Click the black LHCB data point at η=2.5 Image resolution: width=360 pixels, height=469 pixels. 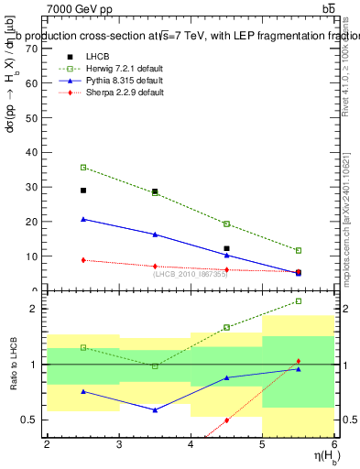click(83, 191)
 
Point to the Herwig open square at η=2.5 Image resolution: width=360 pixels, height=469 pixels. click(83, 168)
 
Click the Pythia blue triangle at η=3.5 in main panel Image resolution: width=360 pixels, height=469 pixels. click(155, 234)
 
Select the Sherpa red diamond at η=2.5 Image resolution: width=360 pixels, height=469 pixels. click(83, 260)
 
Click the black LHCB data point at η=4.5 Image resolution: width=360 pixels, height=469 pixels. click(226, 248)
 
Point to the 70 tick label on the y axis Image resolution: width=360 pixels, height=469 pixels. click(32, 49)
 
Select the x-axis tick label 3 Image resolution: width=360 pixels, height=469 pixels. click(119, 445)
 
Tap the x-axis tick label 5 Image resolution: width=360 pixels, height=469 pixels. click(263, 445)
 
